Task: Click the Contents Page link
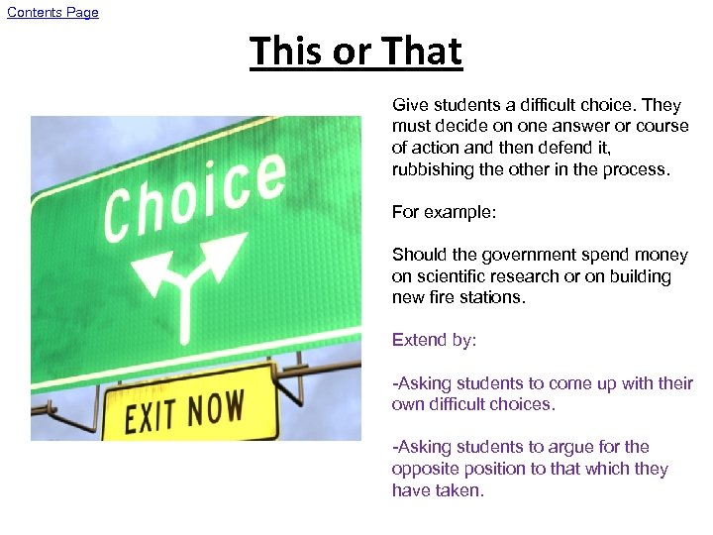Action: (x=53, y=13)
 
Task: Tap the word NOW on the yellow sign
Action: (x=215, y=407)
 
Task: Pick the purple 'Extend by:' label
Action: (x=434, y=340)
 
